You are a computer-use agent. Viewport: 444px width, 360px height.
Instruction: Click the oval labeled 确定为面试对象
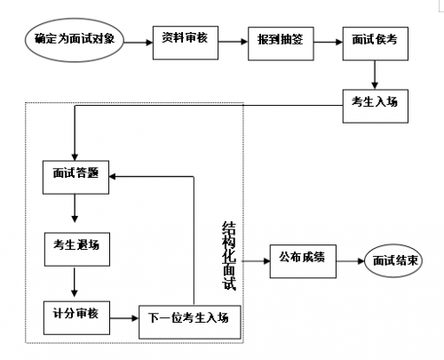pos(75,40)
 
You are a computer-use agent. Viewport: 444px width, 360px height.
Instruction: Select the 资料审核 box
pos(186,43)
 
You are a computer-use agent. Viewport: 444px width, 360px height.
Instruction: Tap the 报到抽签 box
pos(281,44)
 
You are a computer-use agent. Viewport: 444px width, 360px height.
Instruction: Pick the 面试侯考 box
pos(376,44)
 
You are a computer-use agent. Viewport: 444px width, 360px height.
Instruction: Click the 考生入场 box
pos(376,106)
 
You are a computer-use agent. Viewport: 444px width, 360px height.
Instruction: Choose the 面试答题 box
pos(75,178)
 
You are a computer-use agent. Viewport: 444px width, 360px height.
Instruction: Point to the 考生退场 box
pos(77,249)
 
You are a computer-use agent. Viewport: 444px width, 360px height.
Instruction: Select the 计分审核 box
pos(76,318)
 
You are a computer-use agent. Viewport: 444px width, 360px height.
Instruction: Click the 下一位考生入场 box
pos(190,322)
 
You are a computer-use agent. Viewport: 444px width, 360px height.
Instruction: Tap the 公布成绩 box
pos(303,261)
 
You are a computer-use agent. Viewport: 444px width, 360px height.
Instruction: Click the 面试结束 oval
pos(393,260)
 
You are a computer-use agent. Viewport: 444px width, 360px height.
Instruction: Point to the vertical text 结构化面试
pos(229,256)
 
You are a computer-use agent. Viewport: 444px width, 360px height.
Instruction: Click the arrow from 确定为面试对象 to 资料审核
pos(138,43)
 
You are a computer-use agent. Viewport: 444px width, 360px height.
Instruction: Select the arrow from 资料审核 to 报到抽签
pos(233,42)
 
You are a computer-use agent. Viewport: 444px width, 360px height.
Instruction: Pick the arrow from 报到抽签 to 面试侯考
pos(329,42)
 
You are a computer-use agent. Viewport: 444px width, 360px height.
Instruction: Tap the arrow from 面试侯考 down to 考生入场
pos(375,75)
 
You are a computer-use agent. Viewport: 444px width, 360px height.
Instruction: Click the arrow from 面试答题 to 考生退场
pos(75,209)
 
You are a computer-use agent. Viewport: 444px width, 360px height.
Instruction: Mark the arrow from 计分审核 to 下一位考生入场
pos(124,318)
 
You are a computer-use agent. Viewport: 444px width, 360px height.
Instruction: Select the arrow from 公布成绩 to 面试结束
pos(350,261)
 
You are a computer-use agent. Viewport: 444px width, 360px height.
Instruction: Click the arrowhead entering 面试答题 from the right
pos(113,177)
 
